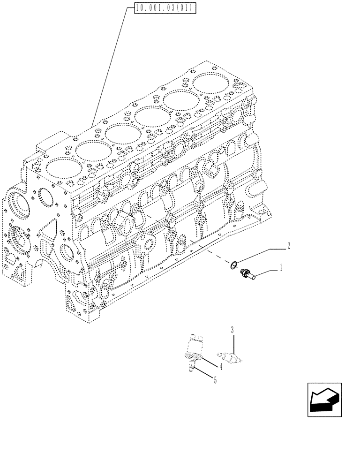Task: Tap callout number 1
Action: click(280, 268)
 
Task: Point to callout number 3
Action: click(232, 330)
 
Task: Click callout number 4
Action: click(220, 365)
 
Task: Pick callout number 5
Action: click(215, 380)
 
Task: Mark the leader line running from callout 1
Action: click(267, 272)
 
